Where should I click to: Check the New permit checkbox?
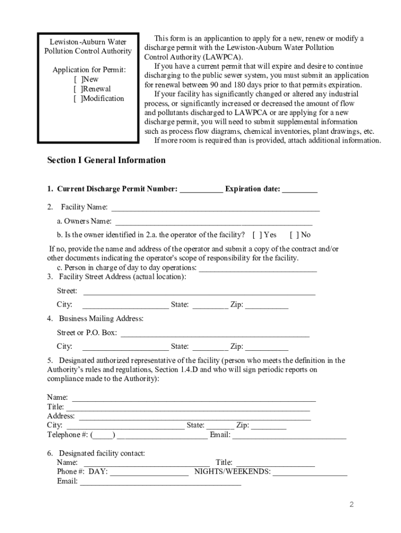(78, 80)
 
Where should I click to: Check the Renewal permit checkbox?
(78, 89)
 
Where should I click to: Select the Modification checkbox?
(78, 98)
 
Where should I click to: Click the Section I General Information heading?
(106, 160)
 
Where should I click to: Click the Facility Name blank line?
(216, 208)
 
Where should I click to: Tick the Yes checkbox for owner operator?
(256, 235)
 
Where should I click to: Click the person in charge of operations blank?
(258, 269)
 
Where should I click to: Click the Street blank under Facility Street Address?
(199, 292)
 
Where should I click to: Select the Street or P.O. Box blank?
(215, 334)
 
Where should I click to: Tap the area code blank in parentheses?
(103, 435)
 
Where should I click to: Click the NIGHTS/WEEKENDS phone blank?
(310, 473)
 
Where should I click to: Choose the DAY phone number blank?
(149, 473)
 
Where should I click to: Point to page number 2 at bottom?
(352, 505)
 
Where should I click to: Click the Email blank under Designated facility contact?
(160, 482)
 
